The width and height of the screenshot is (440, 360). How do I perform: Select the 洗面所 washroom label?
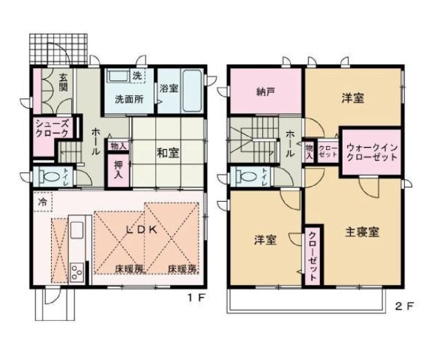129,99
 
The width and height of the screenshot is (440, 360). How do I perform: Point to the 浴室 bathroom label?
168,88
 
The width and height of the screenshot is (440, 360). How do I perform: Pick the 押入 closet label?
118,169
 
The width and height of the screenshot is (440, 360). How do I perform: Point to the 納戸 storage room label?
265,92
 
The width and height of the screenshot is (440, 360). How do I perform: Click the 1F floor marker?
198,298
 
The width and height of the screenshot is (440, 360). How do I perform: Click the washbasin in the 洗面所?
118,76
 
